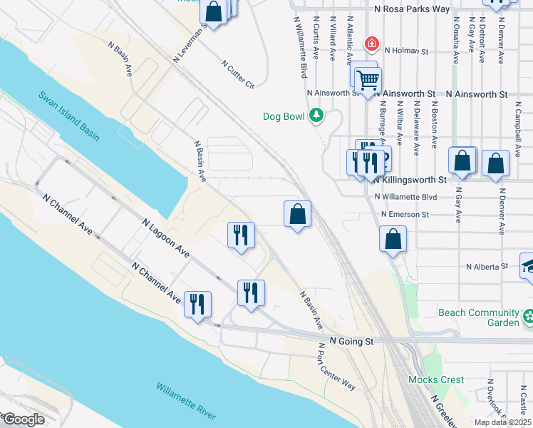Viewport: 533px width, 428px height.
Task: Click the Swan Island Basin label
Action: pyautogui.click(x=69, y=117)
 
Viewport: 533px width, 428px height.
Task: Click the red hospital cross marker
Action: pyautogui.click(x=371, y=44)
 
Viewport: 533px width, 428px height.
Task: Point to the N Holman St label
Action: pyautogui.click(x=405, y=51)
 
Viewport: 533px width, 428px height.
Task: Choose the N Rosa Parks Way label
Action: pyautogui.click(x=413, y=9)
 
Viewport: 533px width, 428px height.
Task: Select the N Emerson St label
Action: pyautogui.click(x=405, y=214)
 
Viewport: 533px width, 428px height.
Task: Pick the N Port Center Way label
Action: pyautogui.click(x=336, y=366)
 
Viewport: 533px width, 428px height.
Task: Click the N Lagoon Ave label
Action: pyautogui.click(x=165, y=239)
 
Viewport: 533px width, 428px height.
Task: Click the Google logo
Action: pyautogui.click(x=23, y=419)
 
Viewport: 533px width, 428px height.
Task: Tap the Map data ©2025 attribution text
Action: pyautogui.click(x=503, y=422)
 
